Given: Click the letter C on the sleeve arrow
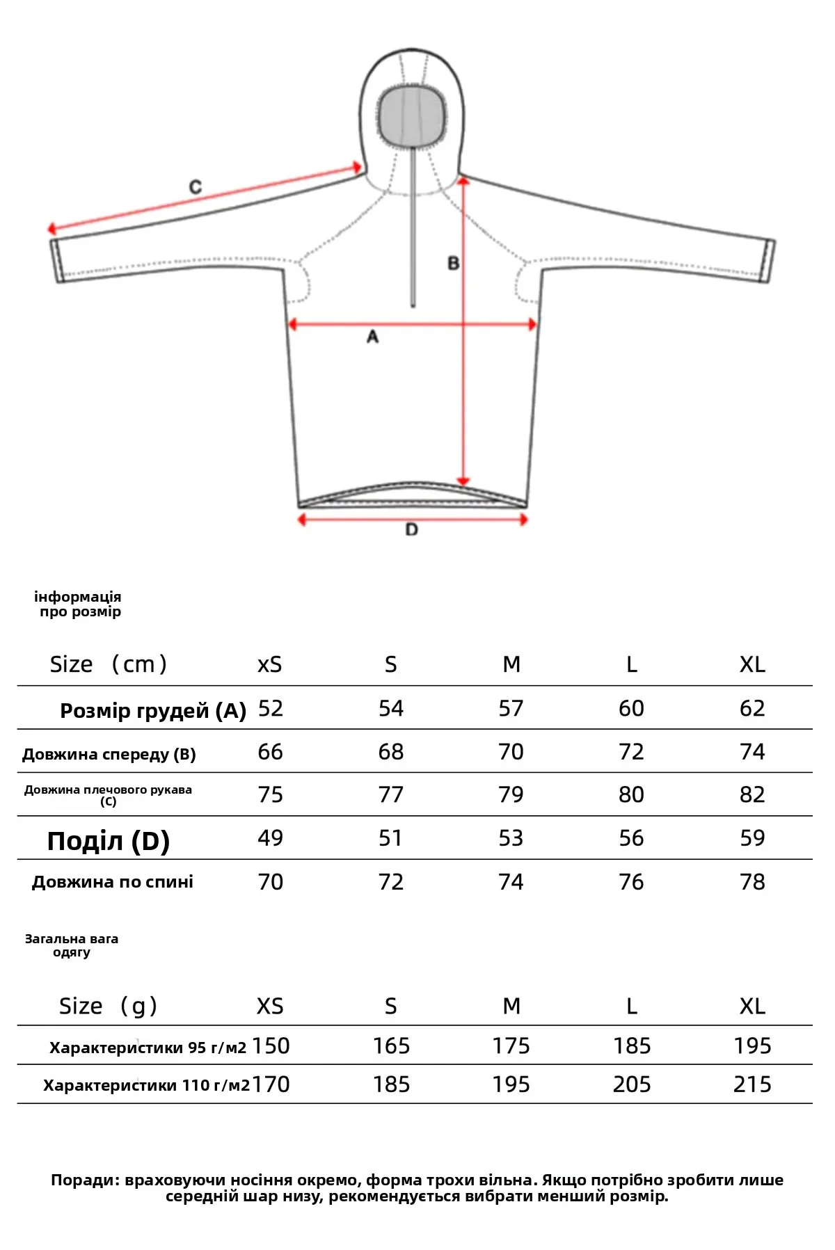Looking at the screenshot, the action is tap(196, 186).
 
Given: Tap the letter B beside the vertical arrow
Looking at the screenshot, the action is tap(454, 264).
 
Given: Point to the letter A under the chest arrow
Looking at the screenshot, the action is tap(373, 337).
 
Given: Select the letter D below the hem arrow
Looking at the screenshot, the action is tap(412, 530).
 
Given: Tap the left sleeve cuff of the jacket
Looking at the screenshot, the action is tap(57, 261).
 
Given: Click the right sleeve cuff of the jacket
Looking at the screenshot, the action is tap(769, 261).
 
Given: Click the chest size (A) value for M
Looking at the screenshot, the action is tap(511, 709).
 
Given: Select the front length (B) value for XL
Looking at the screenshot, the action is tap(752, 752).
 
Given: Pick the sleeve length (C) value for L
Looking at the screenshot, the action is tap(631, 795).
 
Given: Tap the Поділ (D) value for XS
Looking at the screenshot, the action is tap(270, 838).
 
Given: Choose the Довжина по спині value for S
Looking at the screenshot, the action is tap(390, 882).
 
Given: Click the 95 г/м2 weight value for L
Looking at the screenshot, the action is tap(631, 1046).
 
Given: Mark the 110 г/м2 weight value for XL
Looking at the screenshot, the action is tap(752, 1084).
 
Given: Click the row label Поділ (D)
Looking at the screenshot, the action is tap(109, 841).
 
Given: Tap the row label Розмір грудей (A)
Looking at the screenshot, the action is tap(153, 711).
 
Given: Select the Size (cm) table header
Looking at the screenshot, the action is tap(108, 664).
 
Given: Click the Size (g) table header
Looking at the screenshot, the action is tap(108, 1006).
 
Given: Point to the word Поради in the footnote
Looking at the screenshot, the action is tap(84, 1180).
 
